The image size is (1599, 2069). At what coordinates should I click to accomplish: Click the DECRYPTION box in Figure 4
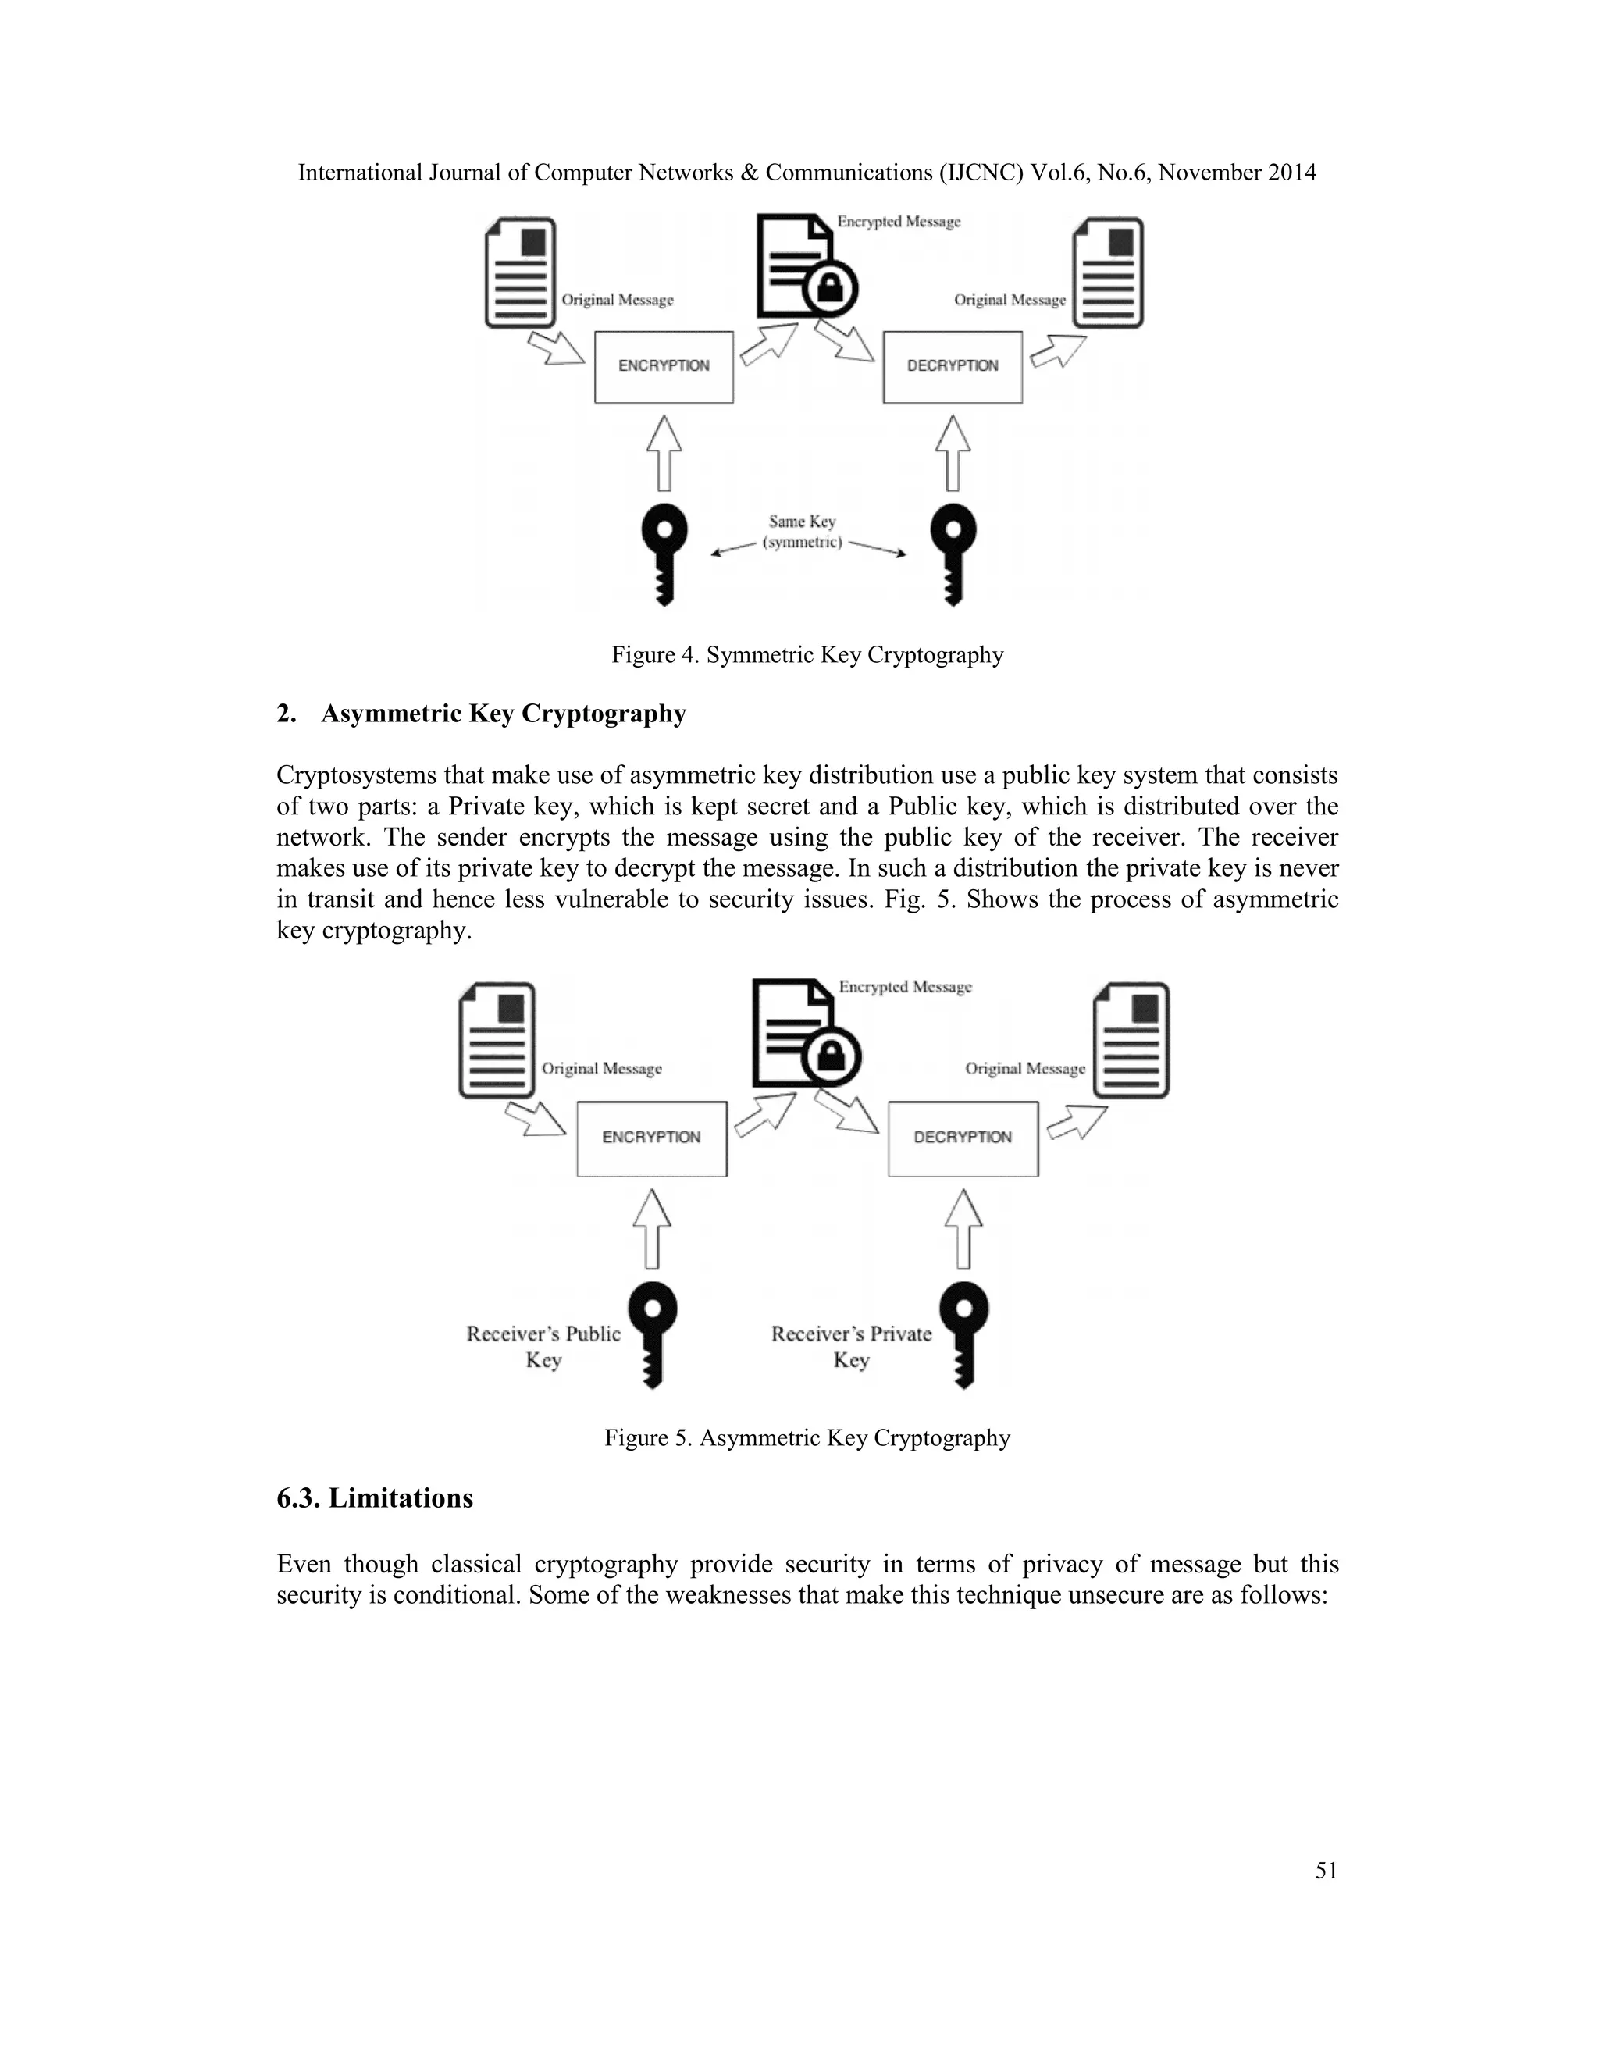pyautogui.click(x=952, y=367)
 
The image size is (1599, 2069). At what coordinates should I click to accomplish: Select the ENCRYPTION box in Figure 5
pyautogui.click(x=652, y=1138)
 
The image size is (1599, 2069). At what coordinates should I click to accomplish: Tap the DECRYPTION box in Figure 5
pyautogui.click(x=963, y=1138)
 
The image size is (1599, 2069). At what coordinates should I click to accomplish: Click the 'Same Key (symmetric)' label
pyautogui.click(x=803, y=532)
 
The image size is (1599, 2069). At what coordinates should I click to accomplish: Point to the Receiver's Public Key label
pyautogui.click(x=543, y=1346)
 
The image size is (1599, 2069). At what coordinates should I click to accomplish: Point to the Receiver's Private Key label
pyautogui.click(x=851, y=1346)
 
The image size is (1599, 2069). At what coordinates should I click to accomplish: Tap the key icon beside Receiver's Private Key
pyautogui.click(x=963, y=1332)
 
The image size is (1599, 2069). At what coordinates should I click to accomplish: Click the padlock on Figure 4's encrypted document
pyautogui.click(x=830, y=288)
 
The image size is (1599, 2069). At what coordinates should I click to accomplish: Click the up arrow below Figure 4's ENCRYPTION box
pyautogui.click(x=664, y=452)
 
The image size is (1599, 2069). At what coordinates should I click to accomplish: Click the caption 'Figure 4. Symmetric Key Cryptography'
pyautogui.click(x=807, y=654)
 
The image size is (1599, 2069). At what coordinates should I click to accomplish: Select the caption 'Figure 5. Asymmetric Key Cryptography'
pyautogui.click(x=807, y=1438)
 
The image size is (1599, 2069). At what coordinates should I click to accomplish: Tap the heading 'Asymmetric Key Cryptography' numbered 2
pyautogui.click(x=503, y=714)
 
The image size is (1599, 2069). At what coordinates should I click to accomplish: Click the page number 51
pyautogui.click(x=1327, y=1870)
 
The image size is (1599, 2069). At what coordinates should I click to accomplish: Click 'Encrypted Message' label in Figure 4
pyautogui.click(x=898, y=222)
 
